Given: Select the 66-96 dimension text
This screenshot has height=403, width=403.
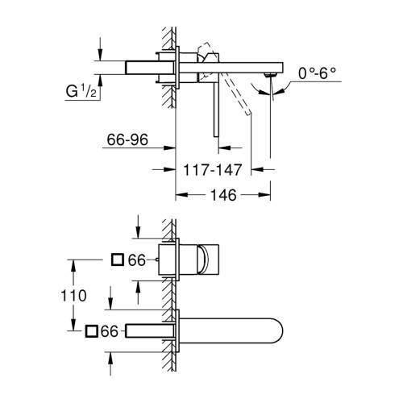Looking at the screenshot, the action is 127,139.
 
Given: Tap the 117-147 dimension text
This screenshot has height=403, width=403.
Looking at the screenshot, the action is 212,170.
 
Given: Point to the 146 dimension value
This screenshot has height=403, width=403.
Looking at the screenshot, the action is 223,195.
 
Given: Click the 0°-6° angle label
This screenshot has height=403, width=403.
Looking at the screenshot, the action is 317,73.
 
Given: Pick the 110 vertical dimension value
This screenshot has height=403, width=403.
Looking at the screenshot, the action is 73,296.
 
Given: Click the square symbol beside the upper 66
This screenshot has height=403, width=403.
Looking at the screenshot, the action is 118,260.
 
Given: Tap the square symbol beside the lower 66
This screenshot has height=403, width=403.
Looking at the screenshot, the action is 92,331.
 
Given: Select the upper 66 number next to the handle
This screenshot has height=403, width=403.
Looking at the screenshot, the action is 137,260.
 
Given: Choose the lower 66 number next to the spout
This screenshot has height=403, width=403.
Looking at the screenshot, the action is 110,331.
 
